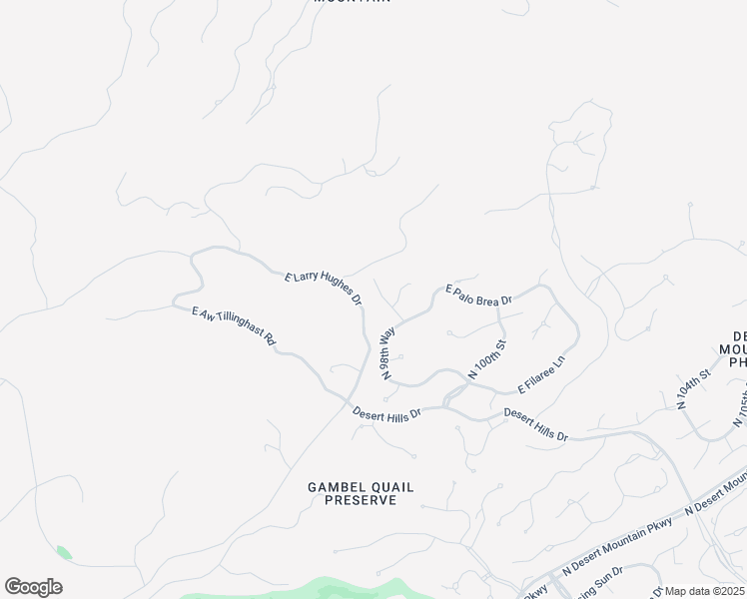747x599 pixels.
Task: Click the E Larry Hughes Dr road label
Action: (323, 288)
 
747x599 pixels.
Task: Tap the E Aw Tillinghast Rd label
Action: (234, 326)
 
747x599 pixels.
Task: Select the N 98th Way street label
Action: (387, 350)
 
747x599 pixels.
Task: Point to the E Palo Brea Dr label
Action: (478, 295)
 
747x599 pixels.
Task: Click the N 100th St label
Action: (488, 359)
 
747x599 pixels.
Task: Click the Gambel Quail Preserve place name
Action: (360, 493)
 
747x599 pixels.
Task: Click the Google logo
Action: (33, 587)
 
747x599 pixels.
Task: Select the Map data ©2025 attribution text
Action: (705, 591)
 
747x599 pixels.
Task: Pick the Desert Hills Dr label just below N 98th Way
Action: (387, 412)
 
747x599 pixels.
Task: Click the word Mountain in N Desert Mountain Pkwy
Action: (609, 548)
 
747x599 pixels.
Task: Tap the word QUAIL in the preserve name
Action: (389, 487)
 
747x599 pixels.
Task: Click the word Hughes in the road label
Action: (332, 291)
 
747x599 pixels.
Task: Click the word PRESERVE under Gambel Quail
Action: (360, 500)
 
